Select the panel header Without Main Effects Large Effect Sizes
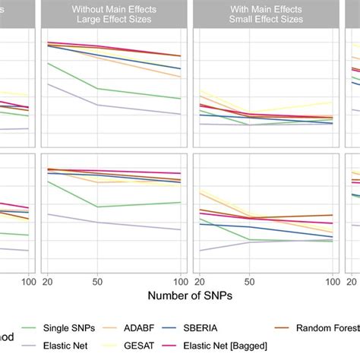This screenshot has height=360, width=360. (x=114, y=15)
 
